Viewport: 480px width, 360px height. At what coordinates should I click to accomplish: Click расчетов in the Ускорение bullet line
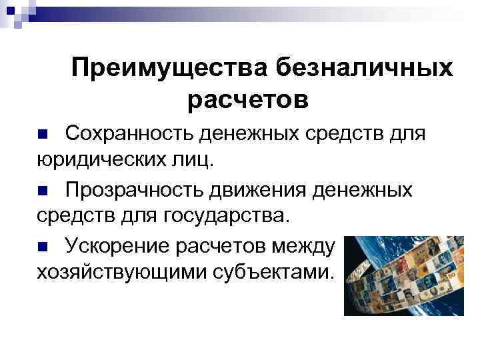(223, 246)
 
